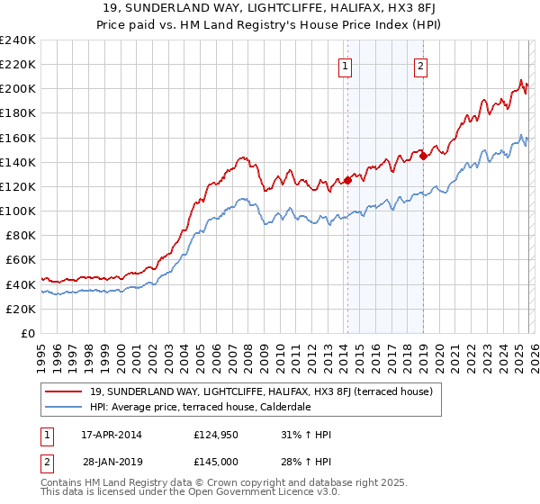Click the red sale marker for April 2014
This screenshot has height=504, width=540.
tap(347, 180)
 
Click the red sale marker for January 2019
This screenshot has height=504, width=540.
tap(423, 156)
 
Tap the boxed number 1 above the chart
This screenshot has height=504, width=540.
tap(346, 65)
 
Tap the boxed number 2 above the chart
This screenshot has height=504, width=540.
tap(421, 65)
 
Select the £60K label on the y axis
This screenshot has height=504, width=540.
tap(21, 260)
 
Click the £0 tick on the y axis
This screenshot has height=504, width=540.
tap(29, 333)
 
